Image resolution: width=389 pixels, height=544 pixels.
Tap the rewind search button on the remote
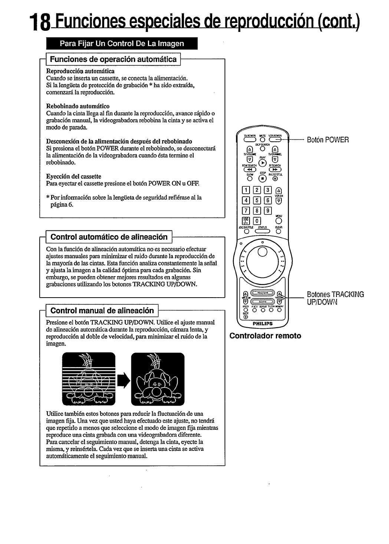click(x=245, y=170)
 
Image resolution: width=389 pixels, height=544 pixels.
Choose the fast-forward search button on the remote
click(x=279, y=170)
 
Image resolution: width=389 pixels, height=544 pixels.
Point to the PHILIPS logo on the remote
click(x=263, y=323)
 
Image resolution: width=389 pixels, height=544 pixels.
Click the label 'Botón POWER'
click(x=327, y=140)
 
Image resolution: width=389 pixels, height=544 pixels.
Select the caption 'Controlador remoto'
click(x=265, y=336)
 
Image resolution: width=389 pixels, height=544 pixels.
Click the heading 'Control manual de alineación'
click(x=102, y=310)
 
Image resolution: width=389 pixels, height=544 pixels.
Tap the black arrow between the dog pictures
click(x=123, y=379)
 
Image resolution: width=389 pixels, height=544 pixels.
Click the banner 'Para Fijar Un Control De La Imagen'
click(x=122, y=43)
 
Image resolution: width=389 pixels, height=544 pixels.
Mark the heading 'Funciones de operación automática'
click(x=113, y=59)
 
